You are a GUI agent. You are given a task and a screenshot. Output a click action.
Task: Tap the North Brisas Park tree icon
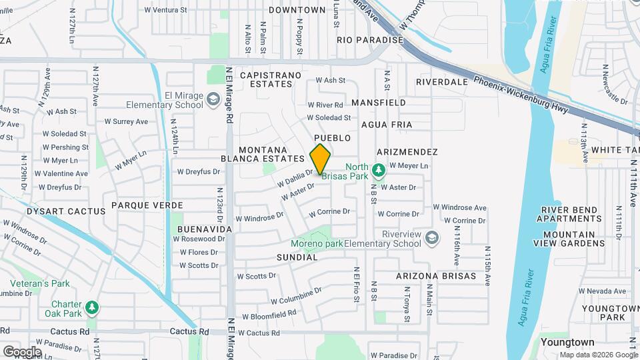coord(379,171)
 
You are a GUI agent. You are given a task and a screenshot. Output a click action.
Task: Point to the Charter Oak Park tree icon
coord(92,308)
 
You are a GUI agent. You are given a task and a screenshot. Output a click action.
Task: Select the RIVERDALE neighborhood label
coord(441,82)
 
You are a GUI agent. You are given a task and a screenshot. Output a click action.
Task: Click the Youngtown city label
coord(567,342)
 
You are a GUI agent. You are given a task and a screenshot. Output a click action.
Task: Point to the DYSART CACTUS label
coord(66,211)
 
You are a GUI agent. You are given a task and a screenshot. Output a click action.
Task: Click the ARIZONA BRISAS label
coord(435,276)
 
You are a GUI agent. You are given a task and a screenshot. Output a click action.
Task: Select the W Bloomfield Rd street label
coord(269,315)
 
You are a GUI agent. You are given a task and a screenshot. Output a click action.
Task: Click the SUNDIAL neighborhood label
coord(297,257)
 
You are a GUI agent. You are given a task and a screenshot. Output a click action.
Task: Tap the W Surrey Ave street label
coord(126,122)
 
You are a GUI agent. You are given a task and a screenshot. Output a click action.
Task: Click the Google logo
coord(21,351)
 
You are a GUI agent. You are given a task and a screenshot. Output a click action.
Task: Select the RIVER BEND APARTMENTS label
coord(569,215)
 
